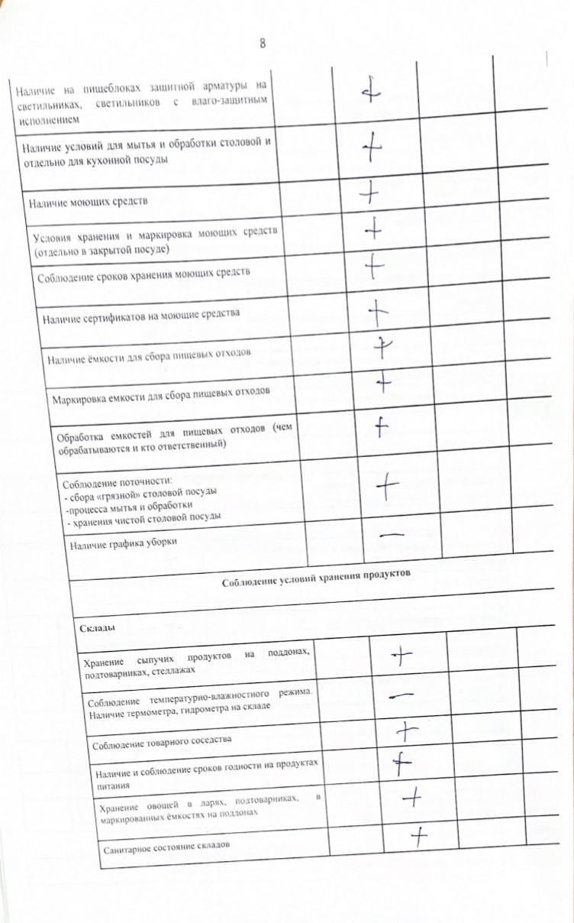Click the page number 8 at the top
[263, 43]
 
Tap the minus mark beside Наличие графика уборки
[390, 535]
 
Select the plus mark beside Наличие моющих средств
[370, 196]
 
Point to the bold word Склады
[97, 627]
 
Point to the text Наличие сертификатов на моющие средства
[141, 315]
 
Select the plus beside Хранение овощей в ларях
[412, 798]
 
